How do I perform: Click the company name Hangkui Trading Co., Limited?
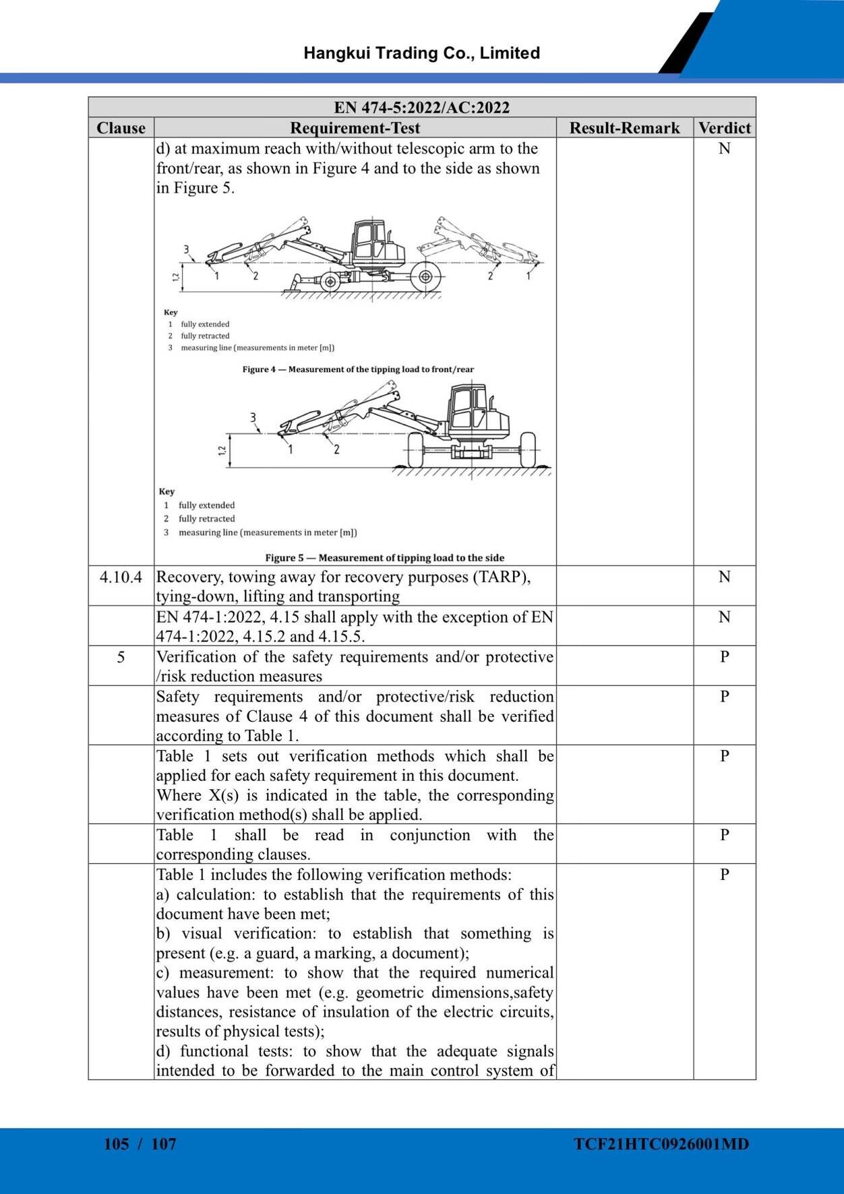[x=421, y=53]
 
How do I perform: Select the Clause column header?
[x=121, y=128]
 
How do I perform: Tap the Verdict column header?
[x=724, y=128]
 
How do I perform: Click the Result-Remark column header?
[x=624, y=128]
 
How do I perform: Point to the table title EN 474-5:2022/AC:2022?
[x=421, y=107]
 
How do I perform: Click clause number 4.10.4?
[x=121, y=577]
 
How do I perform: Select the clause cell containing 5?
[x=121, y=657]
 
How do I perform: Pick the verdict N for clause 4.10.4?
[x=724, y=577]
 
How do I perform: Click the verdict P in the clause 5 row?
[x=724, y=656]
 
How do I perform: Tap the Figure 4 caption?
[x=358, y=369]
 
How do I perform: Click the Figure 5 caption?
[x=384, y=558]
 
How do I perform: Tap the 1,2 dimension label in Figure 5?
[x=222, y=450]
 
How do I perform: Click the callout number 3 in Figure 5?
[x=253, y=418]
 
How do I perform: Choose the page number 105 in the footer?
[x=116, y=1144]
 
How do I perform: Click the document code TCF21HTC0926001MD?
[x=661, y=1144]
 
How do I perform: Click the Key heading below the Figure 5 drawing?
[x=167, y=492]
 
